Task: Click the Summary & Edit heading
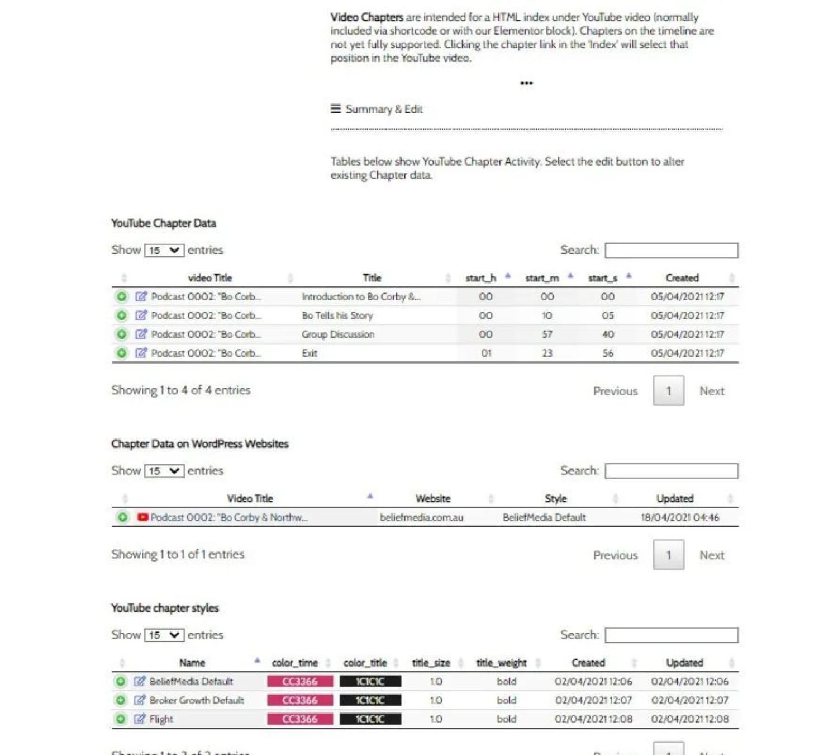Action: point(383,109)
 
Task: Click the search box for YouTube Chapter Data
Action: point(671,250)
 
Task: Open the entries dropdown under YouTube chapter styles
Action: point(164,635)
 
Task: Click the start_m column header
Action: point(542,278)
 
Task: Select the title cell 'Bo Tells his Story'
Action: point(337,315)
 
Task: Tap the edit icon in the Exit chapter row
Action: point(141,353)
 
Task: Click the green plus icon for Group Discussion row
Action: point(121,334)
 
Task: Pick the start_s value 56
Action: point(607,353)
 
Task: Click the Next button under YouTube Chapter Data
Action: point(712,391)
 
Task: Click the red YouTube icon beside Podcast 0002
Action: point(143,517)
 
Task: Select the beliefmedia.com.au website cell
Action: point(421,517)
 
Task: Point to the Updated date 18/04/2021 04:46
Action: point(679,517)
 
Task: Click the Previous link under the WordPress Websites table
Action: point(615,555)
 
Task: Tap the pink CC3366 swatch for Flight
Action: point(300,719)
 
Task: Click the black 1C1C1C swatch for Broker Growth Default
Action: point(370,700)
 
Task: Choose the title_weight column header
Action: point(501,663)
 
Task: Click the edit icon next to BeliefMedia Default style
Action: point(140,681)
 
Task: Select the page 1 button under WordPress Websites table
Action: point(668,555)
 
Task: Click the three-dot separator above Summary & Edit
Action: point(526,83)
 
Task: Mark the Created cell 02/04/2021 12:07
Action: point(593,700)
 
